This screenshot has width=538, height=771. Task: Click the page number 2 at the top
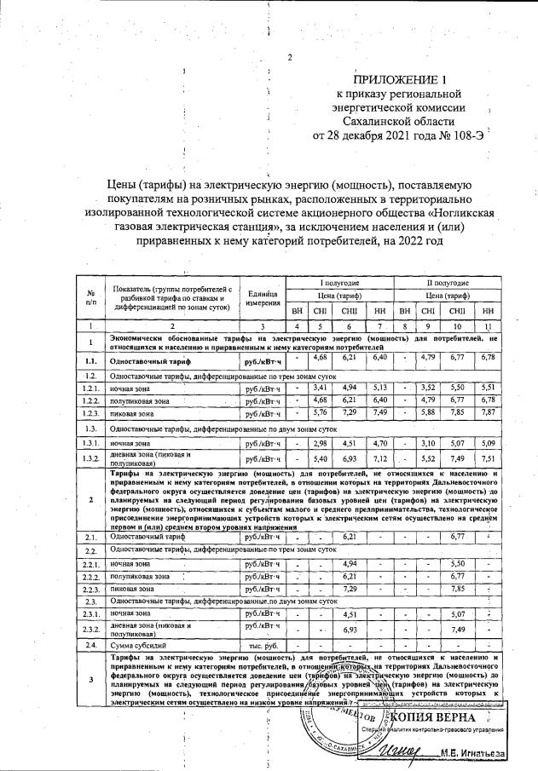click(x=290, y=58)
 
